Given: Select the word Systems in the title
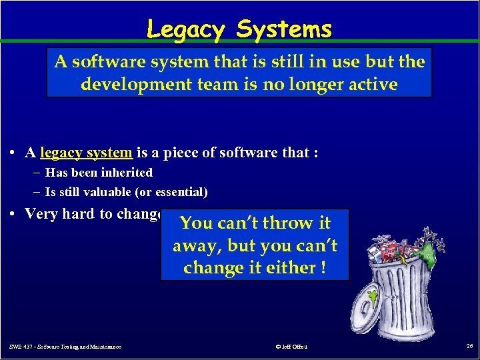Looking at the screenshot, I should tap(284, 29).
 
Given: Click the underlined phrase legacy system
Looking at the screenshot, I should tap(86, 153).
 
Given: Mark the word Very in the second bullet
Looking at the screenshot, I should tap(41, 214).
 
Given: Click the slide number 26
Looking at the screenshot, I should tap(469, 346).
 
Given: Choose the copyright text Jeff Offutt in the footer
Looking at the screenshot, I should tap(291, 347).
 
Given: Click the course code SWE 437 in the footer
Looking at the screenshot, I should tap(25, 347).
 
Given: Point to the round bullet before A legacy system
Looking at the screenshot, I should tap(14, 153).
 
